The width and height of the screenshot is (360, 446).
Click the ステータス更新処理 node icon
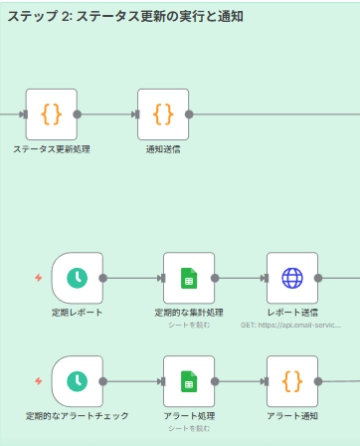click(51, 113)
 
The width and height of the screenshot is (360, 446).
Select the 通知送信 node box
click(162, 113)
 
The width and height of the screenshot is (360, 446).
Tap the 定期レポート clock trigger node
click(77, 278)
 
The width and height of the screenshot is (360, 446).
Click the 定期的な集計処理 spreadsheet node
click(189, 278)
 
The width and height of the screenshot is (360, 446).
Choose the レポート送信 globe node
click(291, 278)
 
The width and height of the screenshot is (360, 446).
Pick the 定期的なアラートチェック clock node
click(77, 381)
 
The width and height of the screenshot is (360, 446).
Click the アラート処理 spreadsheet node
click(189, 381)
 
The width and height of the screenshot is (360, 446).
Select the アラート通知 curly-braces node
click(291, 381)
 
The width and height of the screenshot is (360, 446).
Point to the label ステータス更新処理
click(51, 149)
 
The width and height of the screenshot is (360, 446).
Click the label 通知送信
click(162, 149)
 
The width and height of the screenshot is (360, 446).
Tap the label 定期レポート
click(77, 313)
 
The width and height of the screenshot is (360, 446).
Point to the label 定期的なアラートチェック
click(77, 416)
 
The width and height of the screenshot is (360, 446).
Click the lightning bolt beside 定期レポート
click(39, 278)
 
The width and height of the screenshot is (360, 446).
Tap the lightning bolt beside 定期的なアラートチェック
click(39, 381)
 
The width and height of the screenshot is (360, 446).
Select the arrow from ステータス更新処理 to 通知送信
click(107, 113)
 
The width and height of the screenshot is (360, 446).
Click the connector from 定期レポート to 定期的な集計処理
click(132, 278)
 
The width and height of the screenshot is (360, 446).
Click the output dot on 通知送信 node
click(189, 113)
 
